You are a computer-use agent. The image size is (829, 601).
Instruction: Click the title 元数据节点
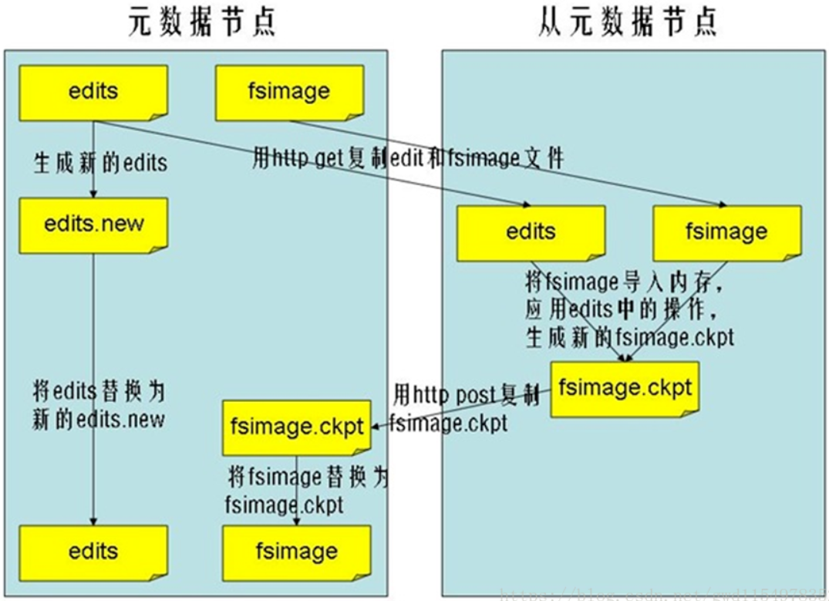pyautogui.click(x=202, y=22)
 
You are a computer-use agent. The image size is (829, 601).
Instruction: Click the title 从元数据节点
pyautogui.click(x=628, y=22)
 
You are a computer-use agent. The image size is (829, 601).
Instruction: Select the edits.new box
pyautogui.click(x=93, y=225)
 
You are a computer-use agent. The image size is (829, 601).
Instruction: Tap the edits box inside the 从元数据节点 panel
pyautogui.click(x=531, y=232)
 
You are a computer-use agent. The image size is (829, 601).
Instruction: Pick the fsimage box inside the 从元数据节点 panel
pyautogui.click(x=726, y=232)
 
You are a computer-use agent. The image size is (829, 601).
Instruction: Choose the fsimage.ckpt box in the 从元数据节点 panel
pyautogui.click(x=625, y=389)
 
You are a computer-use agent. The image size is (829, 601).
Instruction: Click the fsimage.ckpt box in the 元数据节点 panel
pyautogui.click(x=297, y=427)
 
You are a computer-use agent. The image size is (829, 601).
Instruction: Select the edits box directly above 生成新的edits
pyautogui.click(x=93, y=92)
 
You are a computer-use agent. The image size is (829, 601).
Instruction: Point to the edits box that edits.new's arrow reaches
pyautogui.click(x=93, y=552)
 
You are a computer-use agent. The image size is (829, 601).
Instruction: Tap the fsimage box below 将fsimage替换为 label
pyautogui.click(x=297, y=552)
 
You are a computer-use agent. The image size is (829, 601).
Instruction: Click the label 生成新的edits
pyautogui.click(x=100, y=164)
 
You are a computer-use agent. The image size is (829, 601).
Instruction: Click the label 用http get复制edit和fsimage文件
pyautogui.click(x=409, y=159)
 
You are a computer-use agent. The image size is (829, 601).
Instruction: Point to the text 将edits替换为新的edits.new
pyautogui.click(x=99, y=405)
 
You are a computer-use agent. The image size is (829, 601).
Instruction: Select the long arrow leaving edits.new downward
pyautogui.click(x=93, y=386)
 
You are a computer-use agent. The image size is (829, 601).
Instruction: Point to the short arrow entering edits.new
pyautogui.click(x=93, y=181)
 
